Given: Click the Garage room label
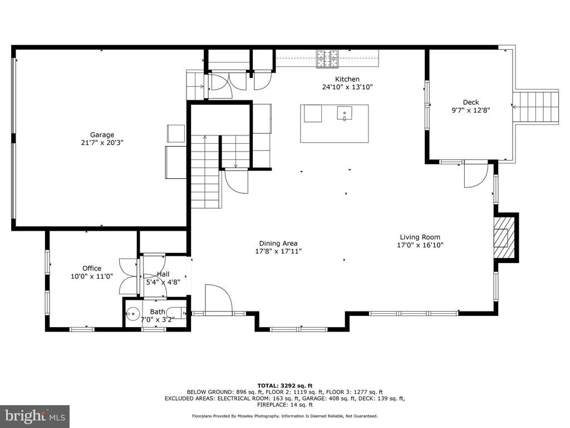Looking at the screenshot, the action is pos(102,135).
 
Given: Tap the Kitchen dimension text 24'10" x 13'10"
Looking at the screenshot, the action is pos(347,87).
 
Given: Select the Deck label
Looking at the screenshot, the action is pos(471,103).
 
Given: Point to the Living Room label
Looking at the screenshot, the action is pos(420,237).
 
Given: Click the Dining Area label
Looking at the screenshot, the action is pos(278,243).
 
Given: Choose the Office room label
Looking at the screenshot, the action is pos(92,268).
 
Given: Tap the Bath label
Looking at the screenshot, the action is pos(158,312).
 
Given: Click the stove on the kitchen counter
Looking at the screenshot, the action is pos(327,59).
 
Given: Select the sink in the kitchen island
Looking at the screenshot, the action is pos(344,113).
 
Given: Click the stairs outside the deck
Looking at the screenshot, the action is pos(535,106).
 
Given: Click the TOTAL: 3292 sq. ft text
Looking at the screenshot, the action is pos(284,386).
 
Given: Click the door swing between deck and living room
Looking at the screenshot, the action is pos(476,175).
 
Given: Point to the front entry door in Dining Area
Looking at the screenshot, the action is pos(219,299).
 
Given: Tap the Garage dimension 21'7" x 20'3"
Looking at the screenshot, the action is pos(102,143).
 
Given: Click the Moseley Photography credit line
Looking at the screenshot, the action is pos(284,416).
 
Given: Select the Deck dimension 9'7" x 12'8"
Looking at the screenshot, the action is pos(471,110).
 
